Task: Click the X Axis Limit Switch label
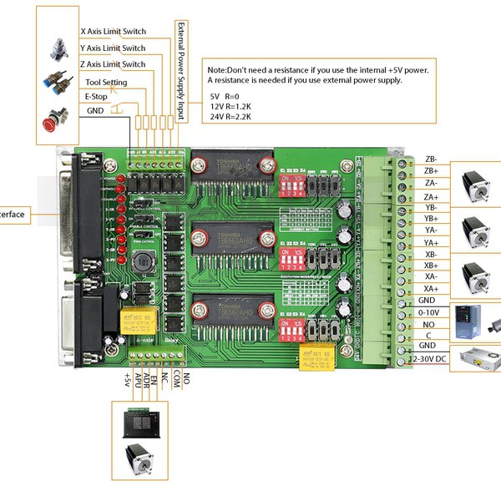coord(113,32)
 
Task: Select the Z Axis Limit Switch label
coord(113,64)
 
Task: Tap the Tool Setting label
coord(106,82)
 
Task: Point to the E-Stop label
coord(96,97)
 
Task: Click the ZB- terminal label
coord(431,158)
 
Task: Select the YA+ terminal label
coord(431,243)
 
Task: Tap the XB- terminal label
coord(431,254)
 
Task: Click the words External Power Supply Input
coord(180,71)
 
